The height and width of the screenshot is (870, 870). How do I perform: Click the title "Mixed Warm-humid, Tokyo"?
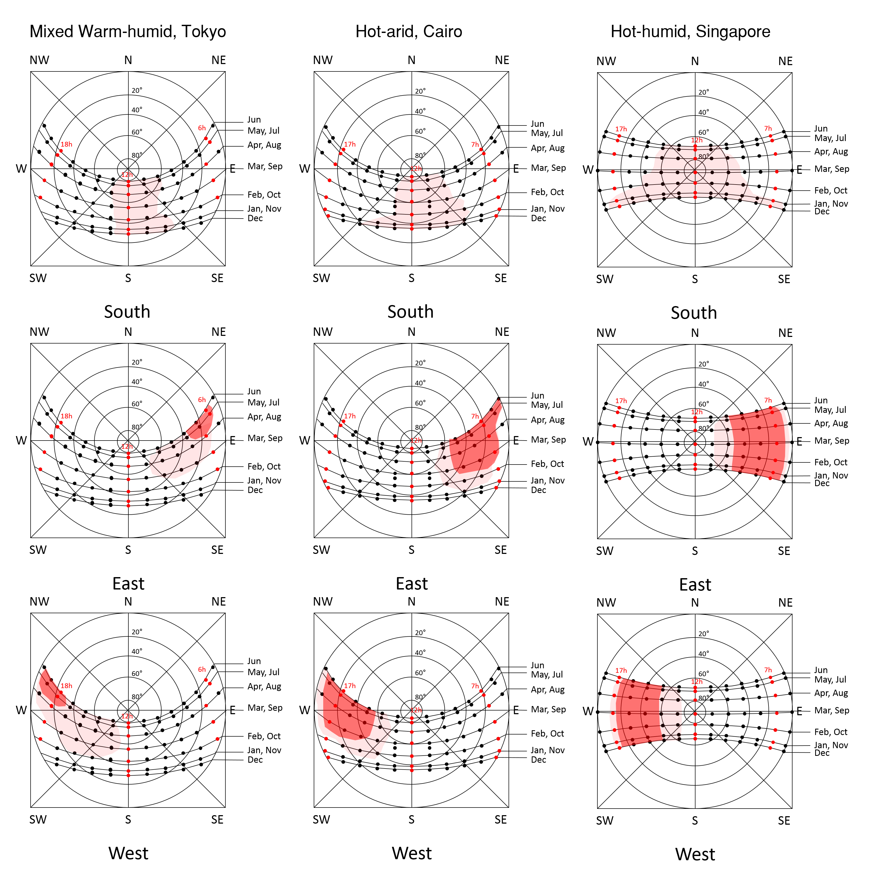128,32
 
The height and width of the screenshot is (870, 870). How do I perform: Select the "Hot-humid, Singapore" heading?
690,32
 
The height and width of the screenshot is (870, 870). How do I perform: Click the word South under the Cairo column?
410,312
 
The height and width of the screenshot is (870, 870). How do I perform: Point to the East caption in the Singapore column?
695,584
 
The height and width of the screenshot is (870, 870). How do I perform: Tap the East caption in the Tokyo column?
128,584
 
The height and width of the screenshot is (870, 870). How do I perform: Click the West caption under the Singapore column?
695,854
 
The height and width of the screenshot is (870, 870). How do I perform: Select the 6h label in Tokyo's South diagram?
202,128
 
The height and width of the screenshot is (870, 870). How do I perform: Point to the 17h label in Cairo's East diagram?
350,416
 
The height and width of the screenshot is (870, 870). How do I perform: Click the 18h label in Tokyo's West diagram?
67,686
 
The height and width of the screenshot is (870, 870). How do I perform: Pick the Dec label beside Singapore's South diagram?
822,212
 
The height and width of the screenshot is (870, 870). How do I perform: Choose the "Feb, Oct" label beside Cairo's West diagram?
547,733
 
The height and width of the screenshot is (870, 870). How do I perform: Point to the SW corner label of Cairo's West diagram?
322,820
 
